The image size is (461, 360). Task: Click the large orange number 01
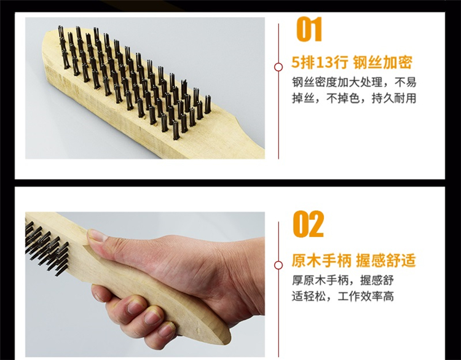(309, 29)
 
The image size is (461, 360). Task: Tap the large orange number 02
(309, 224)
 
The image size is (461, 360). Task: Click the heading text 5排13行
(320, 62)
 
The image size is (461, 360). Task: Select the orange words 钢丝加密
(382, 62)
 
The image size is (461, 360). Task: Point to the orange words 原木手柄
(321, 260)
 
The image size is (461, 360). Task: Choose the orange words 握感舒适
(386, 260)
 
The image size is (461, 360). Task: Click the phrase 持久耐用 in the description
(394, 98)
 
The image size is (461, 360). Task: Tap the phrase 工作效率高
(366, 296)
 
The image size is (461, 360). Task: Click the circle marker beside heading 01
(278, 68)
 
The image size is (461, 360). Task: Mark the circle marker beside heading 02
(278, 265)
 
